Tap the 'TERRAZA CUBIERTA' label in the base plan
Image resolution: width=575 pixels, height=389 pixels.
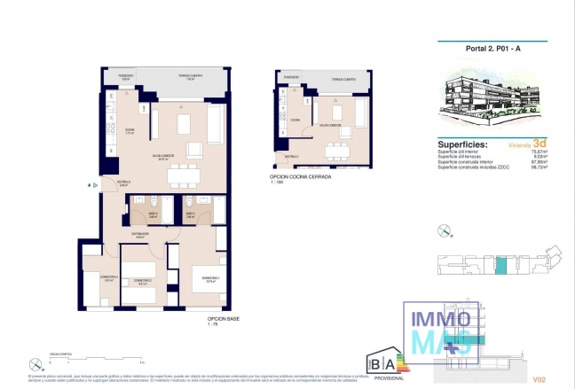coord(190,76)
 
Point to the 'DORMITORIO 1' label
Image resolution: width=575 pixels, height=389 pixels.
coord(210,277)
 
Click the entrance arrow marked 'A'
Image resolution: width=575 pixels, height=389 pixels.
coord(91,186)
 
